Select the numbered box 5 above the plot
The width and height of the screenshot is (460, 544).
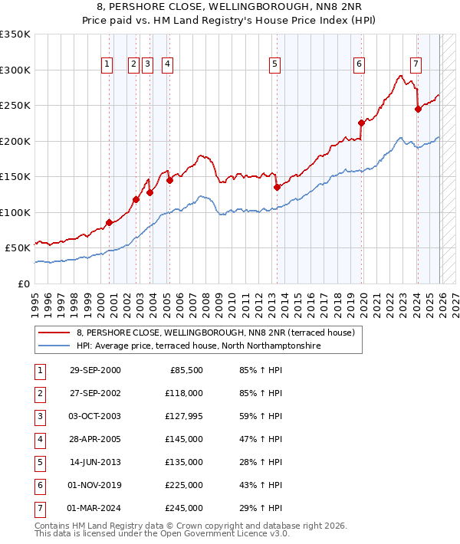274,65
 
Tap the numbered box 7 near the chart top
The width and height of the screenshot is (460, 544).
415,65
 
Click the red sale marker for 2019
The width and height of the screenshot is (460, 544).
360,122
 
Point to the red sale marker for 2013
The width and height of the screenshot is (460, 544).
277,186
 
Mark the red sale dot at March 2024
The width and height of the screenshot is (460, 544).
418,109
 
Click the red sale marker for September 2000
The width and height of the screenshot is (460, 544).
109,222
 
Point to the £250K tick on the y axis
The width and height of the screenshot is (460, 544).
15,106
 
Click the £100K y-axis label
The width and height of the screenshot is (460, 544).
15,212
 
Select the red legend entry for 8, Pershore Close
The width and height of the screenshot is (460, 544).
215,333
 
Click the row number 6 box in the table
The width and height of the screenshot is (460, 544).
39,485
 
